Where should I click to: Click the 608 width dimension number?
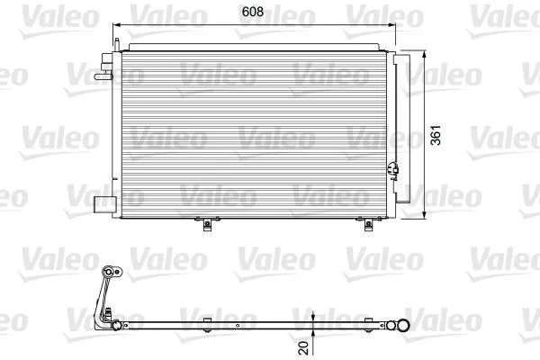click(253, 12)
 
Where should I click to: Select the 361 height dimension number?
click(436, 135)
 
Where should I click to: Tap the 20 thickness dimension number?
click(304, 347)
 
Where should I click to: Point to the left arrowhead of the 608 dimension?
click(116, 25)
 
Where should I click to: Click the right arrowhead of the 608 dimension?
click(391, 25)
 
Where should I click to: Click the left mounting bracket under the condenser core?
click(207, 223)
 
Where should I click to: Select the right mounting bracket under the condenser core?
click(368, 223)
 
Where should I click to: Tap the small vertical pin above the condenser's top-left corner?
click(116, 45)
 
